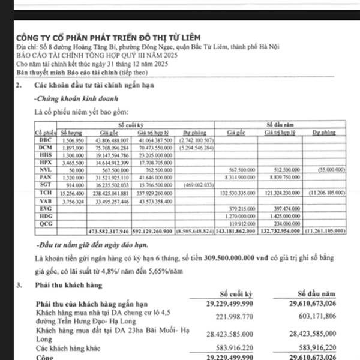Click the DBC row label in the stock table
pyautogui.click(x=44, y=139)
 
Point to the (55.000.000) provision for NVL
pyautogui.click(x=330, y=170)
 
